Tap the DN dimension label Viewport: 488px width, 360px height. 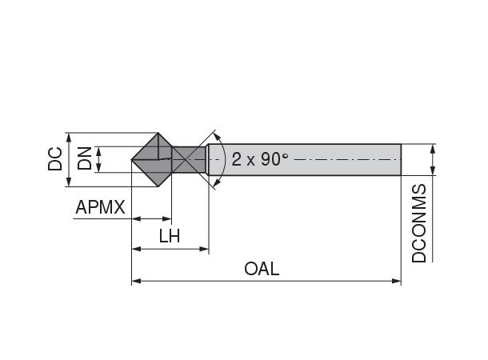tap(84, 159)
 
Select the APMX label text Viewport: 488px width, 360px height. tap(100, 208)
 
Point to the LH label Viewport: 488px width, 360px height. tap(169, 236)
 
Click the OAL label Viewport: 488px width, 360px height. tap(262, 269)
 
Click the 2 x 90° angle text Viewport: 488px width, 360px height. tap(259, 158)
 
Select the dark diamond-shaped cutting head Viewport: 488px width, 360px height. tap(152, 159)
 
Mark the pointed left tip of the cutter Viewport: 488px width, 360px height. tap(132, 160)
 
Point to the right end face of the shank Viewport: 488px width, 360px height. tap(400, 159)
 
